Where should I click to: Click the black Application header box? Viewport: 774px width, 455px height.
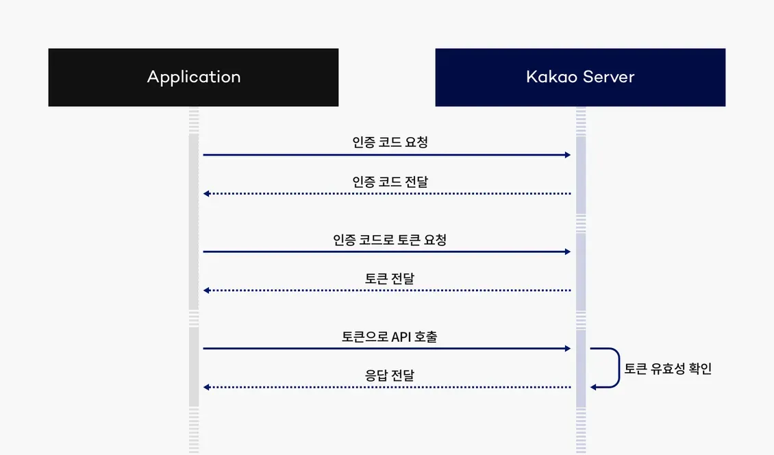click(x=193, y=77)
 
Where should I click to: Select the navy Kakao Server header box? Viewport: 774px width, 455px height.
click(x=580, y=77)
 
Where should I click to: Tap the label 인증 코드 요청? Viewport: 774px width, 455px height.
click(x=390, y=143)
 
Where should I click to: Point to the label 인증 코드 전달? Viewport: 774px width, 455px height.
click(x=390, y=182)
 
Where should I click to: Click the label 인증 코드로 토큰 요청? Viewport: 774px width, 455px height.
click(x=390, y=240)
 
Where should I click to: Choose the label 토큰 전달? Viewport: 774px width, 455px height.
click(x=390, y=279)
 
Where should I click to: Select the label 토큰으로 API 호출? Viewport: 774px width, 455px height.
click(x=390, y=336)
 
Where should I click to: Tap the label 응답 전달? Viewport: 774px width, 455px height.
click(x=390, y=376)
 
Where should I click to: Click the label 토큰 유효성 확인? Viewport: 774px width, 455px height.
click(x=668, y=369)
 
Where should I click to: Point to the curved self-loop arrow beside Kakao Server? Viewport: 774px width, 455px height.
click(x=618, y=368)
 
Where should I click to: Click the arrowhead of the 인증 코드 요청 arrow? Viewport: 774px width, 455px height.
click(x=567, y=155)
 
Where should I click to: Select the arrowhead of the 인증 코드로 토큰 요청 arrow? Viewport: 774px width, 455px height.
click(x=567, y=251)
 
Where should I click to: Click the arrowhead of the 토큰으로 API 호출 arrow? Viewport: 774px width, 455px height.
click(x=567, y=349)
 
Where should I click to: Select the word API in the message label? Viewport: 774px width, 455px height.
click(x=400, y=336)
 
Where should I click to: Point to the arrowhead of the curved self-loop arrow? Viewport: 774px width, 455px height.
click(x=594, y=387)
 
